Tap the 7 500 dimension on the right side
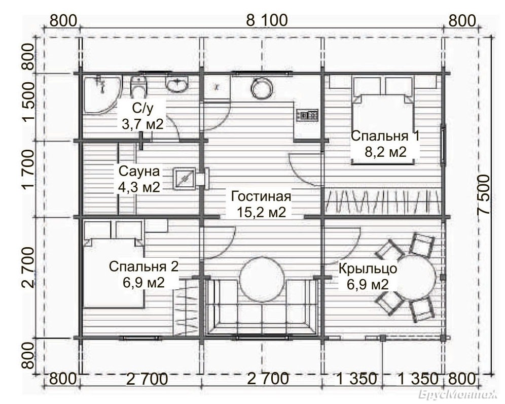(x=483, y=194)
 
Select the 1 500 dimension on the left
(x=28, y=102)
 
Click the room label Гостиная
(x=261, y=196)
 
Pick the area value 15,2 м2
(x=261, y=212)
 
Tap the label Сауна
(x=139, y=171)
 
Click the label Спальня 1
(x=385, y=136)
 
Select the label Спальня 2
(x=143, y=266)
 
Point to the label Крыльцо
(x=368, y=268)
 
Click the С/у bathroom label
(x=142, y=109)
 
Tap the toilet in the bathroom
(x=139, y=86)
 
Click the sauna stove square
(x=185, y=178)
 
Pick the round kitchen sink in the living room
(x=262, y=88)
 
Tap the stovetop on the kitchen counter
(x=307, y=115)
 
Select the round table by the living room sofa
(x=263, y=279)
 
